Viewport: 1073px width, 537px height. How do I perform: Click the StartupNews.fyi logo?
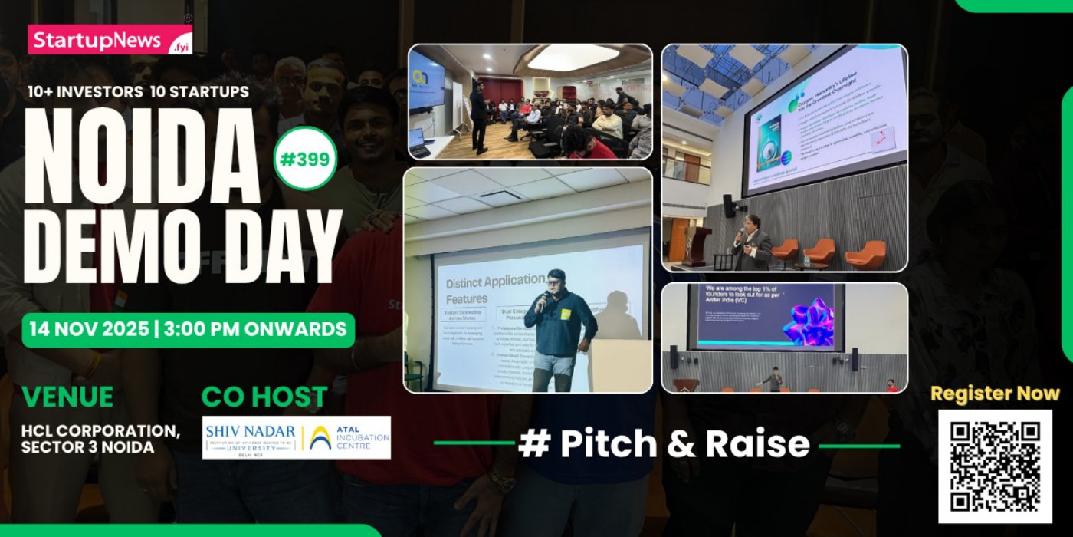tap(110, 39)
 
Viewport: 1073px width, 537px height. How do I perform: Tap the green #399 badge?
tap(305, 159)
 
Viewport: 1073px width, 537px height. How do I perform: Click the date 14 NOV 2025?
tap(85, 330)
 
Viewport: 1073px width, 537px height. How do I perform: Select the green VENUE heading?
tap(67, 397)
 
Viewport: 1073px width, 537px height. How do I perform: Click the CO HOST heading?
tap(264, 397)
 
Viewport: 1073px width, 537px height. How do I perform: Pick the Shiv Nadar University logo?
tap(249, 437)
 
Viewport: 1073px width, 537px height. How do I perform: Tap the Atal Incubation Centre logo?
tap(349, 437)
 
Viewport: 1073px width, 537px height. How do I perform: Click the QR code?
tap(995, 466)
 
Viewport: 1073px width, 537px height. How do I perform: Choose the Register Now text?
tap(995, 394)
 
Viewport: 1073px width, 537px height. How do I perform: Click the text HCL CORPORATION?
tap(100, 431)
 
